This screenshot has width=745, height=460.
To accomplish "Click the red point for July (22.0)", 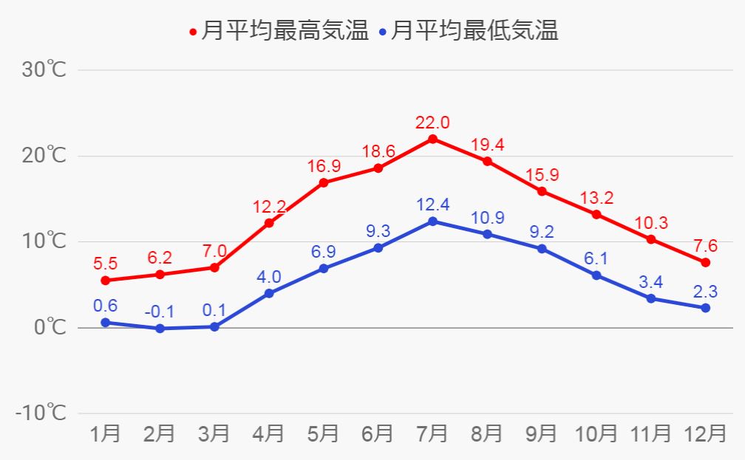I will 432,139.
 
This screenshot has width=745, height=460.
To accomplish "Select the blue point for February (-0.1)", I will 160,329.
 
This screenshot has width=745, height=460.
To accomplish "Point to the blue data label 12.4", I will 432,204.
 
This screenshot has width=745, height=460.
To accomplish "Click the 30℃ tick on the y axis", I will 45,70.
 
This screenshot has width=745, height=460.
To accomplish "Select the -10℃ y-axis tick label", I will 41,413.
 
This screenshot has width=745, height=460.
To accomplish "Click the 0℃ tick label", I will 50,327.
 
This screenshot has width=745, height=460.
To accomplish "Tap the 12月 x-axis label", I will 705,433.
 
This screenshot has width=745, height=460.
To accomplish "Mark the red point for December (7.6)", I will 705,262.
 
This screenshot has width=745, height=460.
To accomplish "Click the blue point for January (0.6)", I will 105,323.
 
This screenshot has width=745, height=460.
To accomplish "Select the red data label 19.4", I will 487,144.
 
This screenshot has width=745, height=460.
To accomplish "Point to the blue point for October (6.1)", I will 596,275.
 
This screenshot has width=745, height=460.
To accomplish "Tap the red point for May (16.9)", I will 324,182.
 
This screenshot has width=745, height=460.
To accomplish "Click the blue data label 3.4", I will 650,281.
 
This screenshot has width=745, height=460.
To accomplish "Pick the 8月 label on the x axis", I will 487,433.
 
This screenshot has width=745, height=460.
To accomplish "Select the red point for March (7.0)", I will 214,267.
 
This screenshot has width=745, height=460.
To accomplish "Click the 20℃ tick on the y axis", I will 45,156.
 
